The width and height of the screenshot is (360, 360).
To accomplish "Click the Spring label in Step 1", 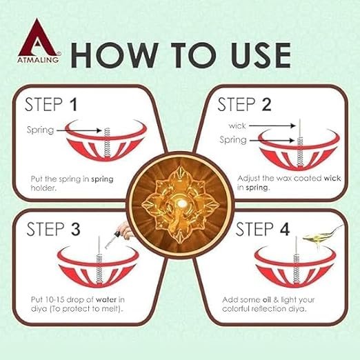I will click(40, 130).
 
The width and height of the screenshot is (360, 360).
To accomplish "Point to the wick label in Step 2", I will click(237, 125).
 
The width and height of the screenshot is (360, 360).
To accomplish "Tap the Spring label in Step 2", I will click(234, 140).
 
